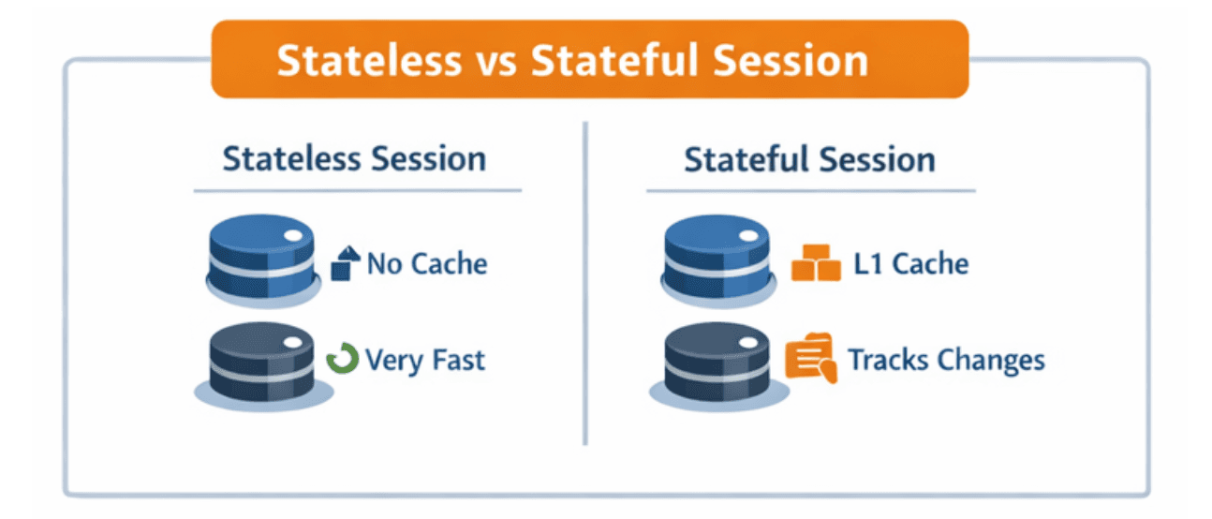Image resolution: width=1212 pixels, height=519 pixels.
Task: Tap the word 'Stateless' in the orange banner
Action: [x=369, y=60]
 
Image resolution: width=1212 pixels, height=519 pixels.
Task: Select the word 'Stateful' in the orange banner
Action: [x=614, y=60]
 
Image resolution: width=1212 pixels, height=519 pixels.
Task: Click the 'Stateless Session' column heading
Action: [x=354, y=158]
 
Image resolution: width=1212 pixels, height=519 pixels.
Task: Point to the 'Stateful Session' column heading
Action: [x=810, y=159]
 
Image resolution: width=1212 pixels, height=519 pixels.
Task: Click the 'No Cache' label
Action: [x=427, y=263]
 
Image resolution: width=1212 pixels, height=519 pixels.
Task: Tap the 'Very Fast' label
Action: [x=425, y=361]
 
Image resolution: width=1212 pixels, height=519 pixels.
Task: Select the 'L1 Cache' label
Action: [x=911, y=263]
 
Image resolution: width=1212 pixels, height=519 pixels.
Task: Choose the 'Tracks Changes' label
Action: [x=946, y=361]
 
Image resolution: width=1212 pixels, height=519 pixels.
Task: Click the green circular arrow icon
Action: [x=342, y=358]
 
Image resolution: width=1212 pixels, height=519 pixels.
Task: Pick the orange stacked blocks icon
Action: [x=816, y=263]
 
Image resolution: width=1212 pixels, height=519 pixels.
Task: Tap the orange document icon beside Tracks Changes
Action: [x=811, y=358]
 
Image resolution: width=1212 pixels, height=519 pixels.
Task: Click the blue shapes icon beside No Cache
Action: [x=346, y=263]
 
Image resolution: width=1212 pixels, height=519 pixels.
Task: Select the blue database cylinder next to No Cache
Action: [x=262, y=259]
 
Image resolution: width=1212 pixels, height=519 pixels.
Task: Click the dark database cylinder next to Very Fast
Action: [x=263, y=365]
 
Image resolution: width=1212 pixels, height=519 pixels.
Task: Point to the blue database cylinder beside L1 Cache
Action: [x=717, y=260]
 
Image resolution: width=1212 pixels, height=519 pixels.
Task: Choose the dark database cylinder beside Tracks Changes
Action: [x=718, y=366]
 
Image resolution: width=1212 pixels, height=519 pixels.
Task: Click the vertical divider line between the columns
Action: [x=585, y=283]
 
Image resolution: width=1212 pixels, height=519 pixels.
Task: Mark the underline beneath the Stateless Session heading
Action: [x=358, y=190]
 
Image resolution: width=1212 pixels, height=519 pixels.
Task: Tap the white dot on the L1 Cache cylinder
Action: [x=749, y=236]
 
